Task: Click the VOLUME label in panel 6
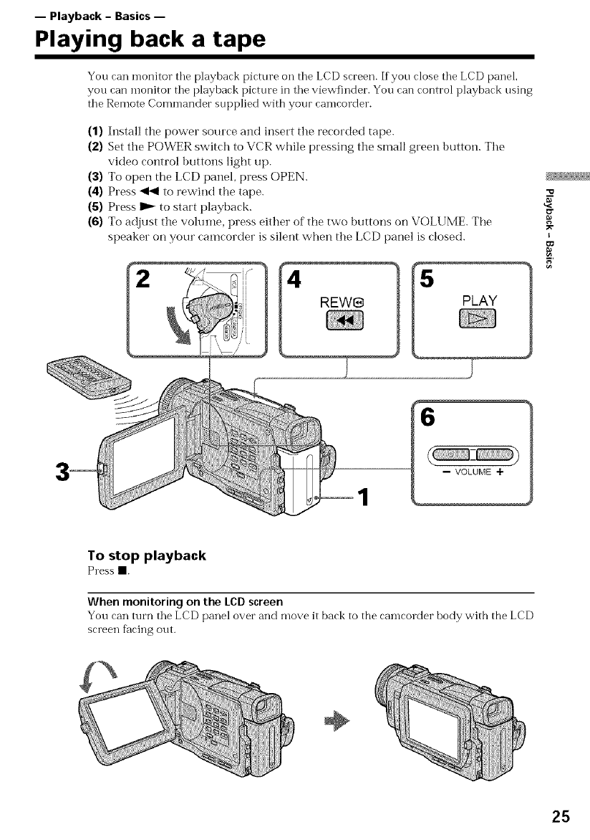pos(473,471)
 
